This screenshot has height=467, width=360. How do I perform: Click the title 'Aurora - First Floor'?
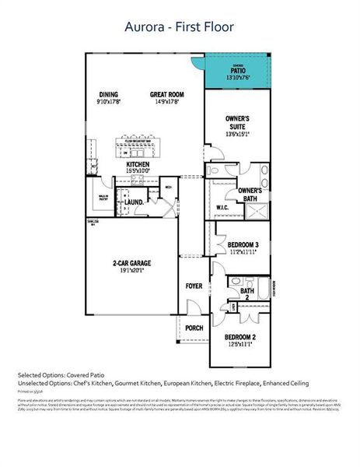click(180, 26)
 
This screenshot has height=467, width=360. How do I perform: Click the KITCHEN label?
click(138, 165)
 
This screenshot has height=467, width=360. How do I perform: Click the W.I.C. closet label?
click(222, 207)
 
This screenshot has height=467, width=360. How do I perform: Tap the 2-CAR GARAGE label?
click(131, 264)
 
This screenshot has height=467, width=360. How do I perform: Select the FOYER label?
click(194, 286)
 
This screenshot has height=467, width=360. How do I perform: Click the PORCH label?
click(194, 328)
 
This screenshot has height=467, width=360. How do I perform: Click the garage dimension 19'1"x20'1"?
click(131, 272)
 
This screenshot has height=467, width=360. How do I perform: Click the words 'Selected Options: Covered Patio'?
click(62, 374)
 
